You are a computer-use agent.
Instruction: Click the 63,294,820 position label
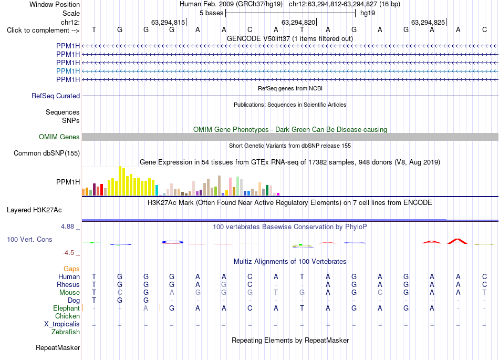298,22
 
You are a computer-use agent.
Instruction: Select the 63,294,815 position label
168,22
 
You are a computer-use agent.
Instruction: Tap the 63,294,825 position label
428,22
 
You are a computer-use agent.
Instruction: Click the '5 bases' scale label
211,13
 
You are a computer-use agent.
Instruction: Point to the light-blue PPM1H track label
68,71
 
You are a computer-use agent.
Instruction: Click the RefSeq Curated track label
56,96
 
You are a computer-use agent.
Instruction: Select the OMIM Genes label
59,137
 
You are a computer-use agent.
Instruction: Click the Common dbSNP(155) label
47,153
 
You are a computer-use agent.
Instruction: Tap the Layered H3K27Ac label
34,210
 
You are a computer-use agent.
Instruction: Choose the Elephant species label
66,308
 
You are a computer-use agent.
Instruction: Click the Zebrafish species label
66,332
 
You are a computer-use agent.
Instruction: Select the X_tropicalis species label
62,324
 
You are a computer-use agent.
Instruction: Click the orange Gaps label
71,269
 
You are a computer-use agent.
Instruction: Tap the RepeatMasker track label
58,347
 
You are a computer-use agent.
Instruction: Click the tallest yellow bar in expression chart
120,181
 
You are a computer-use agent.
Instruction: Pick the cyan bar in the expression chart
157,190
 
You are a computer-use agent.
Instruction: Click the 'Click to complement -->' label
43,30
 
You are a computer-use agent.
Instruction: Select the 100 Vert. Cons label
29,239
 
